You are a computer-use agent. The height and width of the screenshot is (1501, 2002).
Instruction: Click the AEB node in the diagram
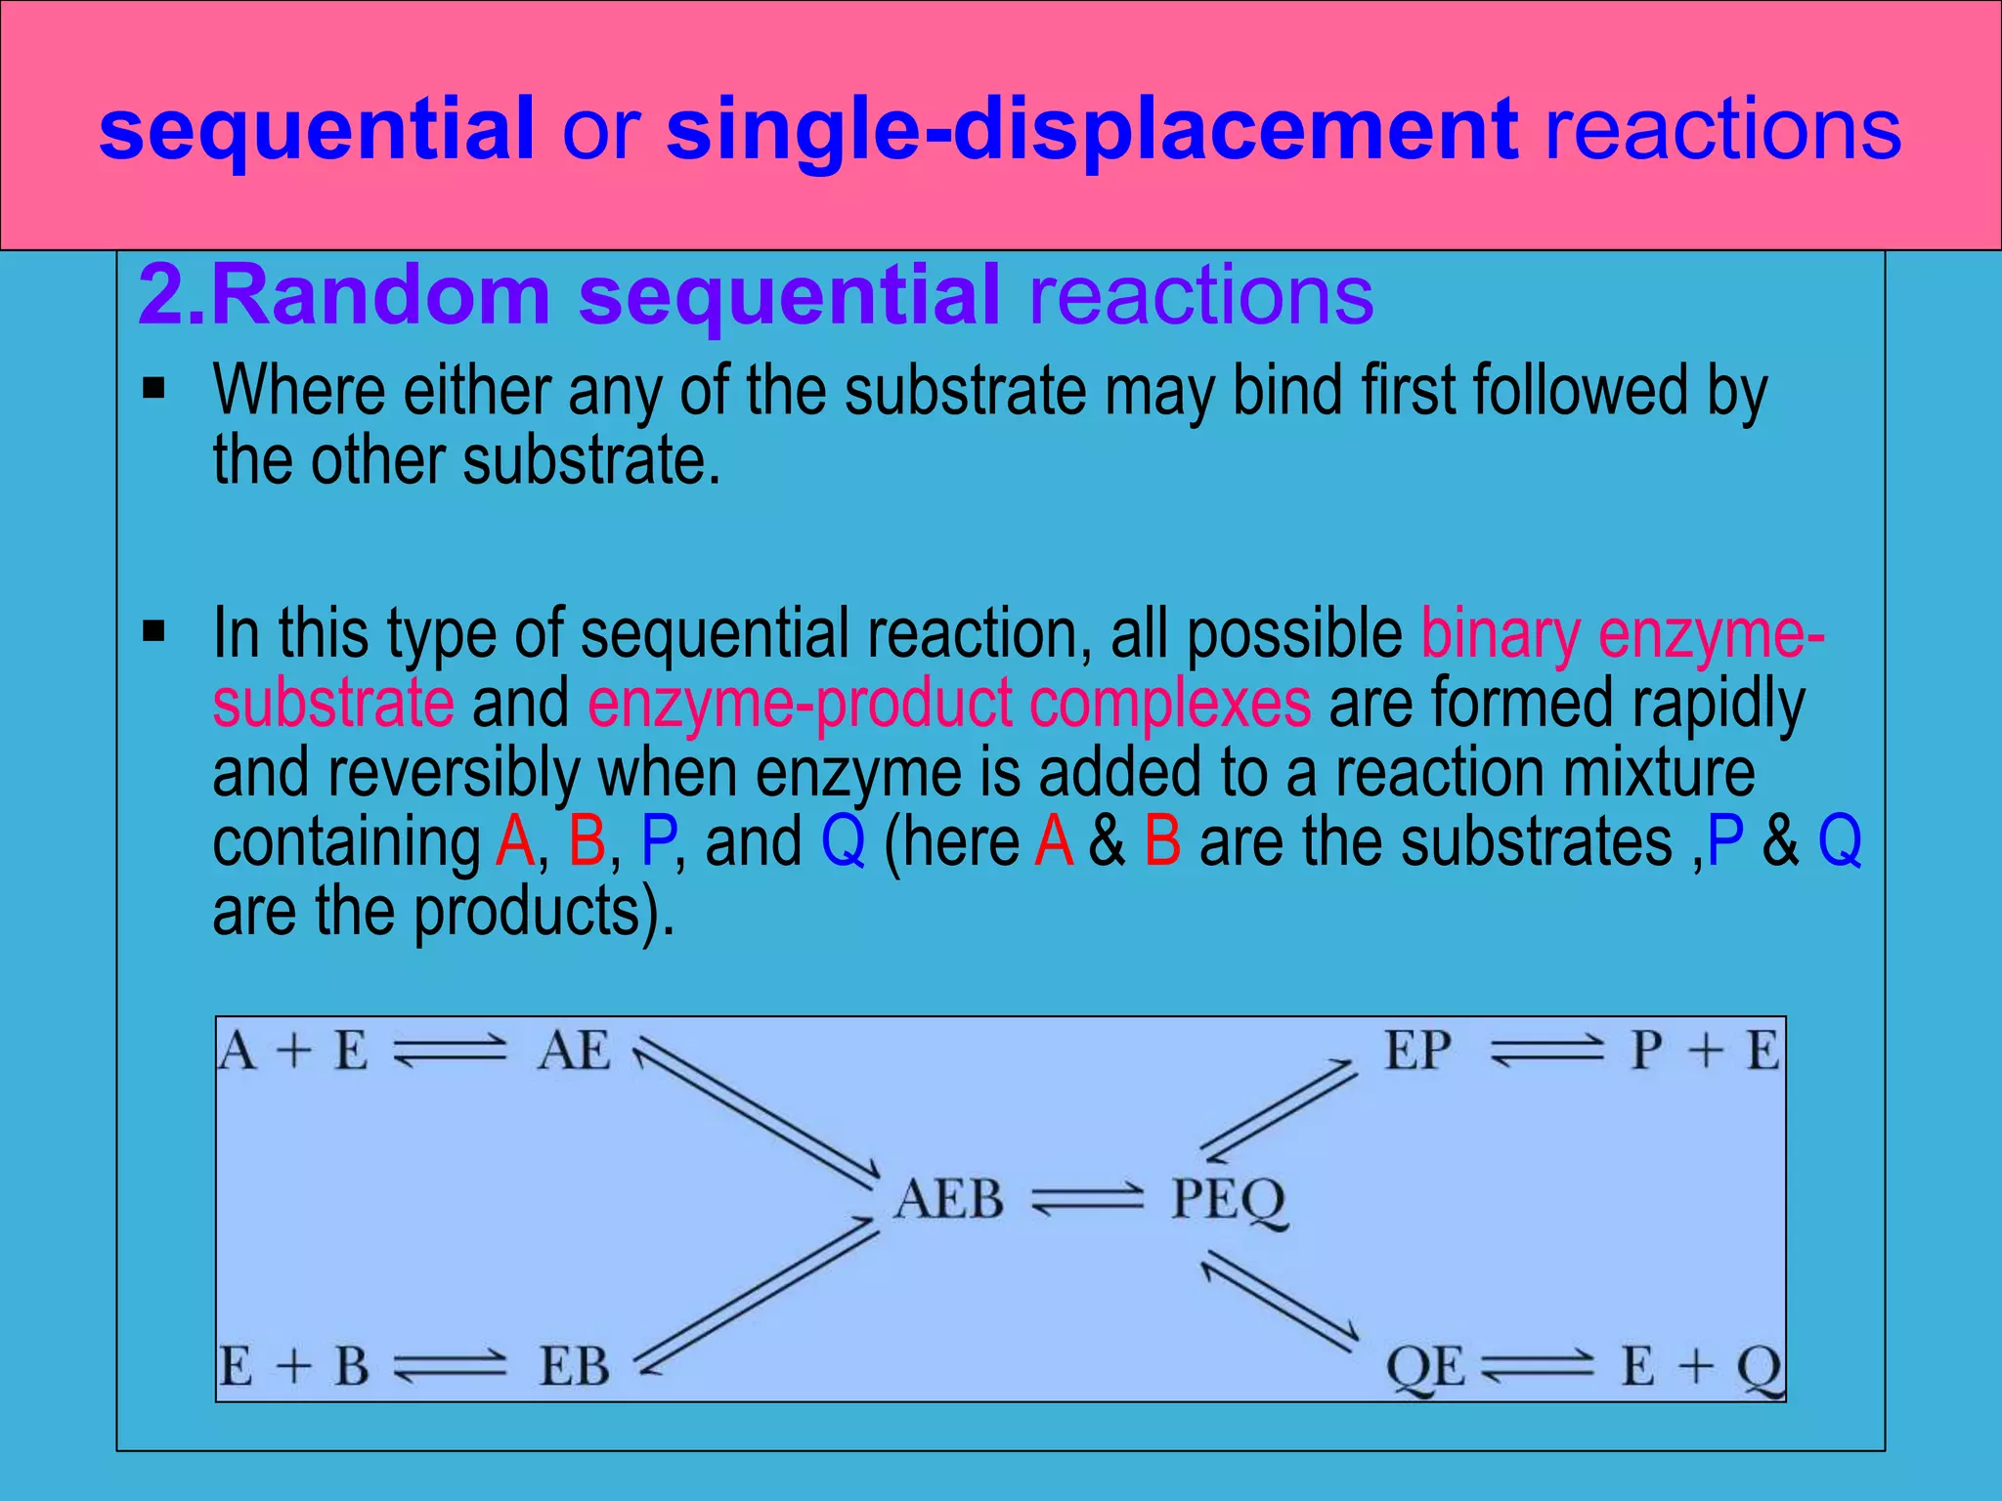[948, 1199]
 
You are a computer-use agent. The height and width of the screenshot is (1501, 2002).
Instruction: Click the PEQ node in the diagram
[1229, 1200]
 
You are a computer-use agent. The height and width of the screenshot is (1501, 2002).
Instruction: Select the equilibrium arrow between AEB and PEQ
[1087, 1199]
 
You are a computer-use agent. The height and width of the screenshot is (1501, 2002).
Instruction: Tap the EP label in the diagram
[1416, 1051]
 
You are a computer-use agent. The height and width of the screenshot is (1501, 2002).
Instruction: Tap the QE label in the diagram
[1425, 1366]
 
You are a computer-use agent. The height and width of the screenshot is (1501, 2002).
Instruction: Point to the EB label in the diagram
[575, 1366]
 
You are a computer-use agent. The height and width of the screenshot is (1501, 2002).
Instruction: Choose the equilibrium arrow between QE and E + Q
[1537, 1366]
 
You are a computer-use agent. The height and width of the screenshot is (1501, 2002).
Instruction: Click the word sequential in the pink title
[317, 129]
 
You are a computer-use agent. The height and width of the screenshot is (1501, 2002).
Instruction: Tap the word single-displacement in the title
[1092, 129]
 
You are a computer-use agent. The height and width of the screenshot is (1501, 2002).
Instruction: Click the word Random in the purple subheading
[381, 295]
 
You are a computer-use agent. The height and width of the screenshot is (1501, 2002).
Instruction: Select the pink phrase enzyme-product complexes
[948, 703]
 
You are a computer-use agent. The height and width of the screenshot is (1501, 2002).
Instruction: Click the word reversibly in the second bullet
[454, 772]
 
